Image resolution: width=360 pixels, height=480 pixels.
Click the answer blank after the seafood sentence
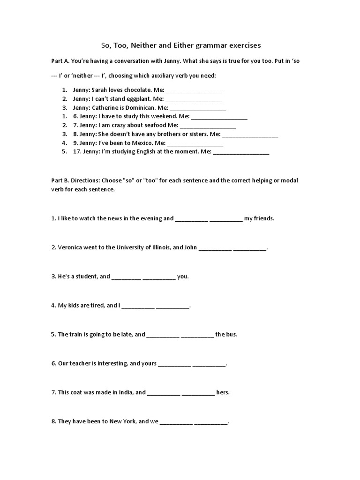point(208,126)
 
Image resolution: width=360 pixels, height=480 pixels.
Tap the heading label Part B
point(60,180)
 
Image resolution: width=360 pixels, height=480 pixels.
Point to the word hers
point(223,392)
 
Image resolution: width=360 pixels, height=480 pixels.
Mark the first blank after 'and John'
point(215,248)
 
